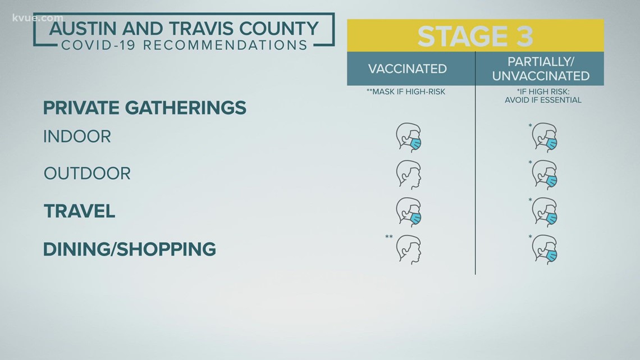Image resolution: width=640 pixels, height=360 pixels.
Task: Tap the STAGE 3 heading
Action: (475, 36)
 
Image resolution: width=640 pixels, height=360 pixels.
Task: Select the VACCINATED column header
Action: (407, 69)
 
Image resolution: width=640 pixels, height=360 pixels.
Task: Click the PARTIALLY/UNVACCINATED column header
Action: (541, 69)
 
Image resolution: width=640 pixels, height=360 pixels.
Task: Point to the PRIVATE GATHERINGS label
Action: (145, 107)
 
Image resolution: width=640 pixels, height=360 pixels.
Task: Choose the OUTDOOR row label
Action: (87, 174)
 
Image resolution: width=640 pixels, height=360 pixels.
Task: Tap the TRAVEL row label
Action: (80, 211)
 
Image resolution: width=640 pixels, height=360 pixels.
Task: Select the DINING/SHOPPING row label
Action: (130, 249)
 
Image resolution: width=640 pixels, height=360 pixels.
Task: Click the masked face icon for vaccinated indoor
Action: (408, 138)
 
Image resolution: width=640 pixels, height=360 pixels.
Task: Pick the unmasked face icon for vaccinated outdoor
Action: (408, 175)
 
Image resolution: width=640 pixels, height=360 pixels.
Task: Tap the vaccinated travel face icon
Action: (408, 212)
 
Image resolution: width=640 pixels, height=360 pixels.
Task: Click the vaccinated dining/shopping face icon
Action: (408, 249)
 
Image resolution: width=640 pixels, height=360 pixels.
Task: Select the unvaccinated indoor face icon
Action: (545, 138)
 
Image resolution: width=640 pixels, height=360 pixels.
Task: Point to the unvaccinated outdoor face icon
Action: (545, 175)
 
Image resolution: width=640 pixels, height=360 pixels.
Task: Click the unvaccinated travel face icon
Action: (545, 212)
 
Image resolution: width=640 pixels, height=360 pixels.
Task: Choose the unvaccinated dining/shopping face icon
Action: (545, 249)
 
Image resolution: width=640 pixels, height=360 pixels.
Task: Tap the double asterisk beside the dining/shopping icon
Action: (388, 237)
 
